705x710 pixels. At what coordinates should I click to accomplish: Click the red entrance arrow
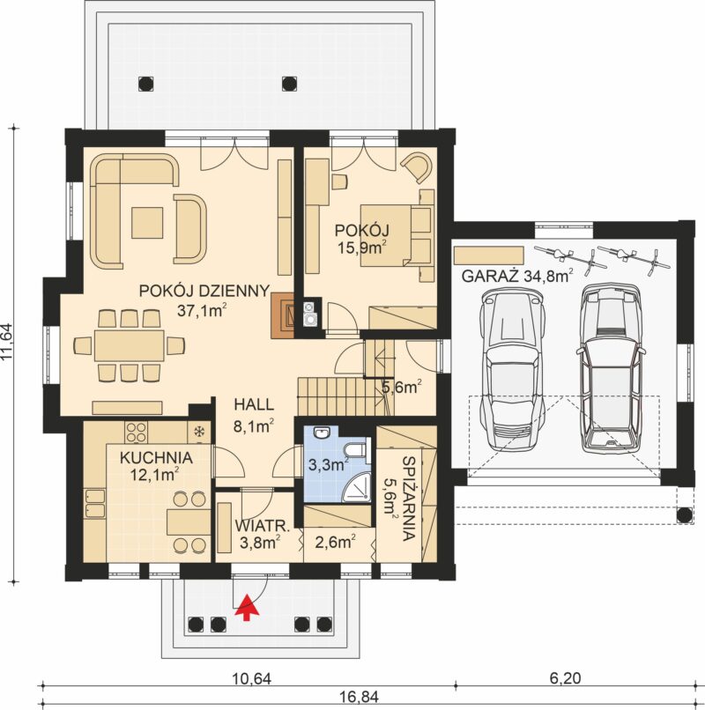click(x=247, y=608)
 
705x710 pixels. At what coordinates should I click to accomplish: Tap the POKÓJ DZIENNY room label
click(x=204, y=291)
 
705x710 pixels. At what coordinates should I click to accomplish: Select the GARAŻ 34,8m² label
click(x=517, y=276)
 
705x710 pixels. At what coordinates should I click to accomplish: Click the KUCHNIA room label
click(x=156, y=458)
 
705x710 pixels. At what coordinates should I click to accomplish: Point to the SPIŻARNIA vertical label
click(x=409, y=499)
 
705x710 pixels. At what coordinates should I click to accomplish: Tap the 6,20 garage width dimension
click(x=565, y=678)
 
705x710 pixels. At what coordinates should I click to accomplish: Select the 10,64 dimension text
click(x=251, y=678)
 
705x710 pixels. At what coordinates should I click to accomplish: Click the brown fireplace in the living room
click(x=282, y=315)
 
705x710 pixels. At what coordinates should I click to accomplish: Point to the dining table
click(x=129, y=345)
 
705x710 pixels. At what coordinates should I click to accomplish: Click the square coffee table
click(x=147, y=223)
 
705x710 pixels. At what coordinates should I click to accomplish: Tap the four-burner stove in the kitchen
click(x=136, y=432)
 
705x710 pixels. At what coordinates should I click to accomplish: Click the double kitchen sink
click(x=94, y=504)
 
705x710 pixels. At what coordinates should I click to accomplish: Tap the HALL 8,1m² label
click(x=254, y=415)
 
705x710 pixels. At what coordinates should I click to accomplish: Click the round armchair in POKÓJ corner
click(x=417, y=166)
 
